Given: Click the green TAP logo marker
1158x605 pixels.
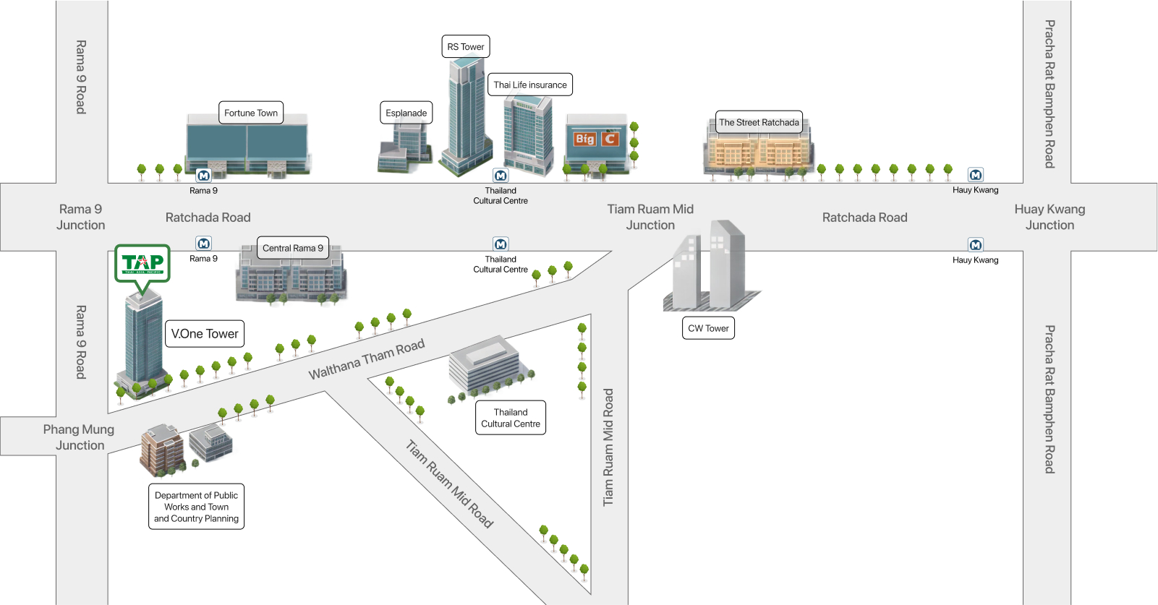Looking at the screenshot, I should (142, 264).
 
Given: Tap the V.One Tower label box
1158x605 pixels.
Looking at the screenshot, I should (205, 334).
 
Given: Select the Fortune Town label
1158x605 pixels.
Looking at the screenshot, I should (250, 113).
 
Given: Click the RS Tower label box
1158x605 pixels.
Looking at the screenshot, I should (465, 47).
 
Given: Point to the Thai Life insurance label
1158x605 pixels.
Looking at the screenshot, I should (530, 85).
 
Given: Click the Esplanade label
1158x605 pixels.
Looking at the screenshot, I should (406, 113).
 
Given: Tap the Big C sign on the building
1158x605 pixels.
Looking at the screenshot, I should (596, 139).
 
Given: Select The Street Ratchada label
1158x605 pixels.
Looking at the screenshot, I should (759, 122).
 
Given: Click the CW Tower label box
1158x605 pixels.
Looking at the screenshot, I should (708, 328).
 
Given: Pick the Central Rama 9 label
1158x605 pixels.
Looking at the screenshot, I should (292, 248).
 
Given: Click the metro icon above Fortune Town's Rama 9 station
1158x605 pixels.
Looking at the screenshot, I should (203, 176).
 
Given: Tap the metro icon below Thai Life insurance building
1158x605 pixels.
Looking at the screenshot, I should (501, 176).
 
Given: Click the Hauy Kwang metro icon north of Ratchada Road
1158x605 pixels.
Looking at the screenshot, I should (975, 175).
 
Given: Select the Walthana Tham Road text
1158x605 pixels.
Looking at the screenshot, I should (367, 359).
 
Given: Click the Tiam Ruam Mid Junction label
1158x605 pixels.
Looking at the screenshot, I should (650, 217).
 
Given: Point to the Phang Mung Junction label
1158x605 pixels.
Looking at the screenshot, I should (79, 437).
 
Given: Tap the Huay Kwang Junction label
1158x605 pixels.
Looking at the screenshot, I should (1050, 217).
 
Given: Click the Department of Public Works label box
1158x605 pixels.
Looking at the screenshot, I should (196, 507).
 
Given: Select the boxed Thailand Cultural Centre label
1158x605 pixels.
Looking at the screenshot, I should (511, 418).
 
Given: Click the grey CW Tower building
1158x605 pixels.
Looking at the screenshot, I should (709, 267).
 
